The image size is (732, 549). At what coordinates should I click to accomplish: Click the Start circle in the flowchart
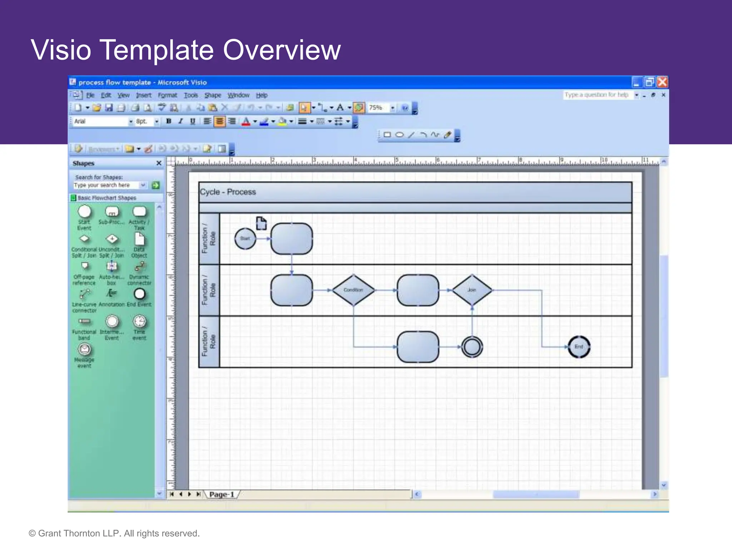245,239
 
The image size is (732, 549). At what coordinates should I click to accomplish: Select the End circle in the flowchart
579,347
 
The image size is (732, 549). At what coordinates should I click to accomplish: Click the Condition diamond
353,290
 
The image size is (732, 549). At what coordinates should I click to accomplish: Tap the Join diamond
472,290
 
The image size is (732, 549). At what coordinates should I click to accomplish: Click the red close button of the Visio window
662,82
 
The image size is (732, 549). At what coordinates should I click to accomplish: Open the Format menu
167,95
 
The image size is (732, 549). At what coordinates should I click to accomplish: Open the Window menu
238,95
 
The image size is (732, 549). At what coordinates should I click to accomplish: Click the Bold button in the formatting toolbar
169,121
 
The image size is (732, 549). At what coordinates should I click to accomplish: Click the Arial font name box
100,122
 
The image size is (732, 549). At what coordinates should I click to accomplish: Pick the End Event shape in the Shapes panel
139,294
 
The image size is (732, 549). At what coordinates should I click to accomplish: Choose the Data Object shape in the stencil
139,239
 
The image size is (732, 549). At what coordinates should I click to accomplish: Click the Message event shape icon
85,349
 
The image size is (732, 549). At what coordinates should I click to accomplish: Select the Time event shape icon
139,321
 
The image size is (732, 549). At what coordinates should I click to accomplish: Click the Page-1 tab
222,494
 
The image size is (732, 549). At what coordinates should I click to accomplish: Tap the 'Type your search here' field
105,185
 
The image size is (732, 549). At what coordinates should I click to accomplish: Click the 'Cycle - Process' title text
228,192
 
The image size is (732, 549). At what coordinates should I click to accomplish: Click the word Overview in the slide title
282,50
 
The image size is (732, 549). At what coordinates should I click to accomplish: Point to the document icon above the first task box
261,223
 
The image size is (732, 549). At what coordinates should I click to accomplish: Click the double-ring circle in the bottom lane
472,347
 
